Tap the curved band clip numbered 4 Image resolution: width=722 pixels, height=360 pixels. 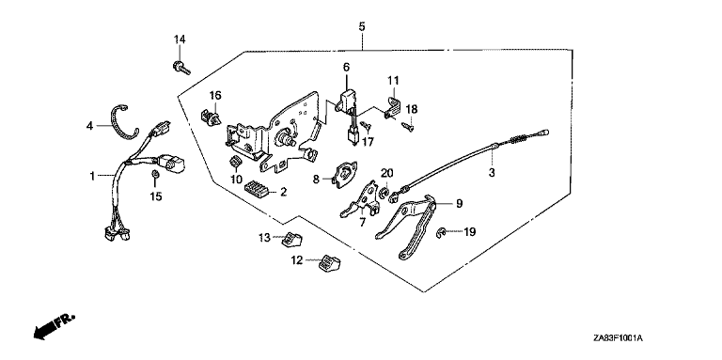click(x=113, y=124)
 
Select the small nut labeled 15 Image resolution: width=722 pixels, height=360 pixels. click(x=156, y=175)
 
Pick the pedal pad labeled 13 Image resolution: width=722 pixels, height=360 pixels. click(x=291, y=240)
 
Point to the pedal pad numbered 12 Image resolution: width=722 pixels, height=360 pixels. click(x=328, y=262)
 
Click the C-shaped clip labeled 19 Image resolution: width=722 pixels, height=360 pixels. click(x=441, y=234)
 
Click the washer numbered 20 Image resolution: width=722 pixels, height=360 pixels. click(x=385, y=191)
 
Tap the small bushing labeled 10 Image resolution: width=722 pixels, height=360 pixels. click(x=236, y=162)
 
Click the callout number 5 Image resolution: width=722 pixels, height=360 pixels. click(x=361, y=26)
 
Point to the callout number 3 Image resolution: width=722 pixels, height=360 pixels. click(x=492, y=173)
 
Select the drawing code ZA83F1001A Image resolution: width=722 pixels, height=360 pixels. click(x=618, y=338)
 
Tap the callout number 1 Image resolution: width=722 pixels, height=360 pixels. click(x=92, y=176)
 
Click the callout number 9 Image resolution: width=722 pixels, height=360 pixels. click(x=459, y=203)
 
